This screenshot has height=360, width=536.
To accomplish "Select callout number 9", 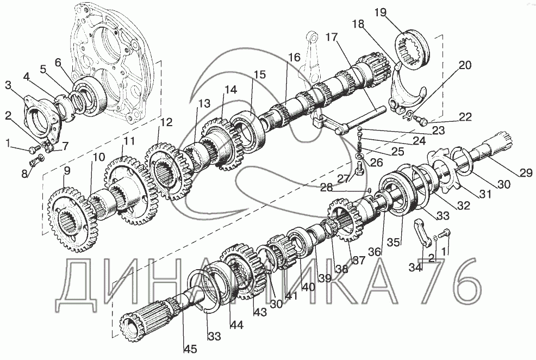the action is pyautogui.click(x=67, y=171).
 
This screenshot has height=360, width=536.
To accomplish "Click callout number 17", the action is pyautogui.click(x=331, y=39).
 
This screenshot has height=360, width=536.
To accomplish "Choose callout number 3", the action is pyautogui.click(x=9, y=85).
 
